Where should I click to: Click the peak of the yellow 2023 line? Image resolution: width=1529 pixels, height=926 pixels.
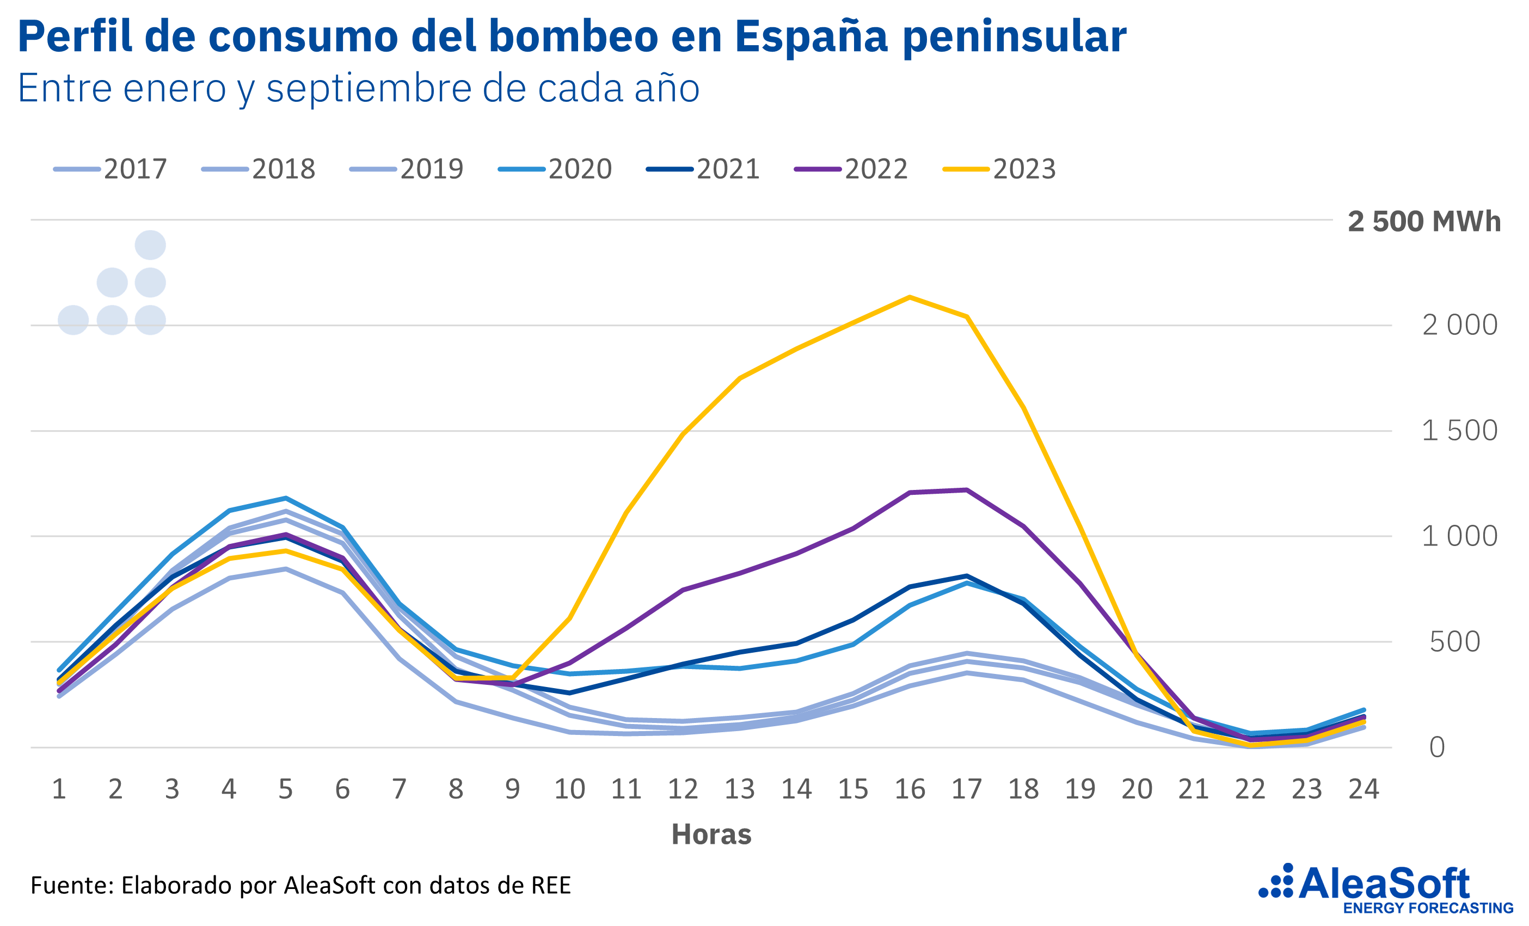pos(910,297)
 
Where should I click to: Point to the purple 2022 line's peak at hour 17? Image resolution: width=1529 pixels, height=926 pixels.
pos(967,490)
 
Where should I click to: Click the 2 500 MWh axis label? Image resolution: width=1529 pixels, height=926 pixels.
pos(1423,222)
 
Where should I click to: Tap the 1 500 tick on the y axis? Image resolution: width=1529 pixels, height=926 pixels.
pos(1459,431)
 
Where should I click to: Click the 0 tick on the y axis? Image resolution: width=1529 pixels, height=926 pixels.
pos(1437,747)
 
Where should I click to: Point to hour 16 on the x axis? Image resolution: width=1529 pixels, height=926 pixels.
pos(910,789)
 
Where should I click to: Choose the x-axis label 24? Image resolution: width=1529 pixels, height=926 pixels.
pos(1364,789)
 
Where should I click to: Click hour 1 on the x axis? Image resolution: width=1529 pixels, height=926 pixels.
pos(59,789)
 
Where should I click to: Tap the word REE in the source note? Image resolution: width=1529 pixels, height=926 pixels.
pos(550,885)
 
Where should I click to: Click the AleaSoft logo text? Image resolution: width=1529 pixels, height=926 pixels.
pos(1384,884)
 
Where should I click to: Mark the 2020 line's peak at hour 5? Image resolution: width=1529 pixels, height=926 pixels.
pos(285,498)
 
